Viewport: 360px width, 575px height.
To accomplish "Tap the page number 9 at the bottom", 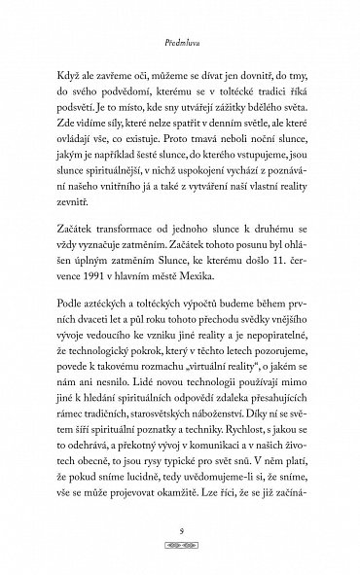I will [180, 531].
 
